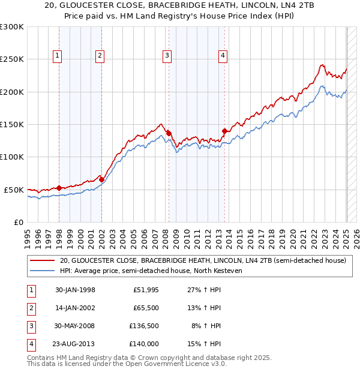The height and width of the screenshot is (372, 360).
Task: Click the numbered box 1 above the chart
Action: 58,56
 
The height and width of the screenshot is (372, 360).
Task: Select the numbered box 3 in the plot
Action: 167,56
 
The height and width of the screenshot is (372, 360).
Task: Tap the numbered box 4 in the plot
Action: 223,56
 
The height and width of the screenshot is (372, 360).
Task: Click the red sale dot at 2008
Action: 169,133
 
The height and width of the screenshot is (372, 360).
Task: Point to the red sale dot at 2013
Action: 224,131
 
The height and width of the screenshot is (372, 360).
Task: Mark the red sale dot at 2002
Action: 101,179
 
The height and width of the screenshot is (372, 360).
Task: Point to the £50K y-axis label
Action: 14,190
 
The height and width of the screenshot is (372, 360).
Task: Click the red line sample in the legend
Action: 42,261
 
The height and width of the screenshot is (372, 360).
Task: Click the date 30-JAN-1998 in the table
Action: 75,290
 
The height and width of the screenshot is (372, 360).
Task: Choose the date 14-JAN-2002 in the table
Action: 75,308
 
